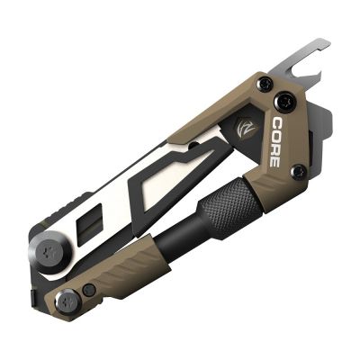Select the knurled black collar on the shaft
point(229,202)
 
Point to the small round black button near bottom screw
point(90,290)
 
